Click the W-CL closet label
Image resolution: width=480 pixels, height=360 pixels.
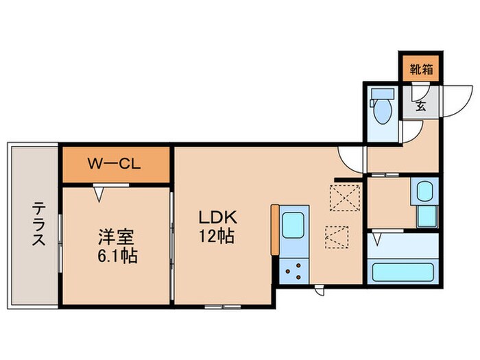point(115,165)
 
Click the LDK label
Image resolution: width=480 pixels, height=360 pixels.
point(217,218)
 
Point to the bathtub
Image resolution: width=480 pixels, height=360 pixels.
point(404,272)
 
